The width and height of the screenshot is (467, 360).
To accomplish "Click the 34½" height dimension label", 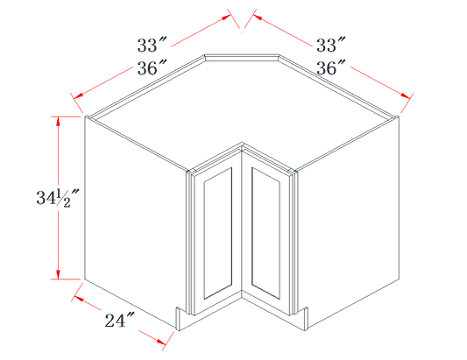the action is (58, 198).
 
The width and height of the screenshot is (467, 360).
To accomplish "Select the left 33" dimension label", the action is (152, 45).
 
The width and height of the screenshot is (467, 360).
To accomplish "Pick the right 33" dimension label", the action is (330, 45).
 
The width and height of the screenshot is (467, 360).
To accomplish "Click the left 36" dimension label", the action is (152, 67).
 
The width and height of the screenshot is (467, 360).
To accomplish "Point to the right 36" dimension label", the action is (330, 67).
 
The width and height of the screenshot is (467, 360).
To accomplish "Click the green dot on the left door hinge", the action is (189, 172).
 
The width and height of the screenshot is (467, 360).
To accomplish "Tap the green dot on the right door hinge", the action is (295, 172).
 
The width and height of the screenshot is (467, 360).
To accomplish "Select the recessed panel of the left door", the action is (217, 233).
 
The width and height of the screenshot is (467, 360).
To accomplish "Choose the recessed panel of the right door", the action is (265, 233).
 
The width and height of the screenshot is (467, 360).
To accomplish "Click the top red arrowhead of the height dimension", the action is (59, 121).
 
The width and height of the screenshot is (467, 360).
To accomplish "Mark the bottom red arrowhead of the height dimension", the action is (59, 274).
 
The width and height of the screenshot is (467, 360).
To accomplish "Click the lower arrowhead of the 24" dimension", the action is (161, 342).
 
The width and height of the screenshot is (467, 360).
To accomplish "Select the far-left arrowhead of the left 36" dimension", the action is (78, 95).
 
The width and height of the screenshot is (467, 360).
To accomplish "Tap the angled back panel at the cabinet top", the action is (242, 58).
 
